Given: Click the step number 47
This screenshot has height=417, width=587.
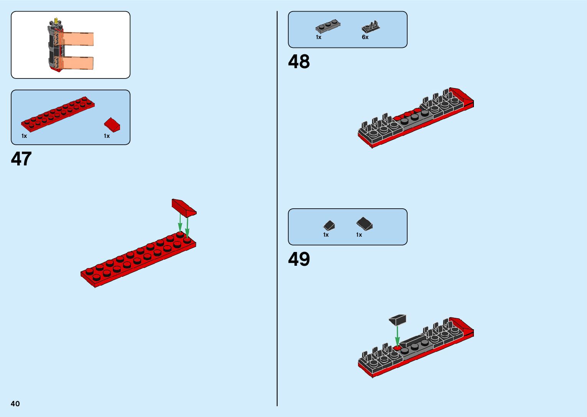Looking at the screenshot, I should (21, 159).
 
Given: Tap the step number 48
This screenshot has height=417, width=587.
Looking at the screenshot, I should (299, 62).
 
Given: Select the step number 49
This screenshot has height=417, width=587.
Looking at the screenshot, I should (299, 259).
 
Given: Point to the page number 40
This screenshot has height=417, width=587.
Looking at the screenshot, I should (15, 404).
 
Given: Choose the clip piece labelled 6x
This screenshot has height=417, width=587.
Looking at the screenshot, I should (370, 27).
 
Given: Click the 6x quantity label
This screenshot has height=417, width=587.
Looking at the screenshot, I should (365, 37).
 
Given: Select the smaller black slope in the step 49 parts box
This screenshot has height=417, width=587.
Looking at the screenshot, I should (329, 225).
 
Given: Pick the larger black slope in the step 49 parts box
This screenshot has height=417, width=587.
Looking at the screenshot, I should (364, 224).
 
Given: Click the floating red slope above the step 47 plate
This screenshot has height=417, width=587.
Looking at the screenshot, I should (184, 207).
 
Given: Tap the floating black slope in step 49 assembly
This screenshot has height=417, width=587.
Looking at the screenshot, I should (398, 319).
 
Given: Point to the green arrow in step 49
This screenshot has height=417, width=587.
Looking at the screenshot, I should (398, 336).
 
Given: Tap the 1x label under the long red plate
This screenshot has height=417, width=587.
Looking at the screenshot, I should (24, 136).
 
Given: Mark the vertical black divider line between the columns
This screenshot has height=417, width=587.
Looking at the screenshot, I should (277, 209).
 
